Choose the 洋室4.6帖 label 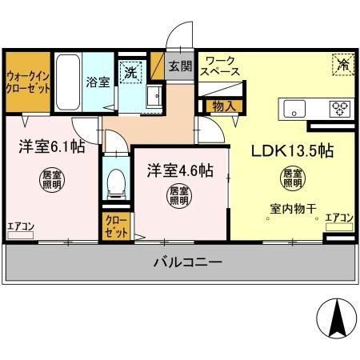pos(179,170)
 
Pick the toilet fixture pos(117,182)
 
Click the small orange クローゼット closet pos(115,227)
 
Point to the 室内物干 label pos(294,210)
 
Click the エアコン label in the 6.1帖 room pos(21,226)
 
